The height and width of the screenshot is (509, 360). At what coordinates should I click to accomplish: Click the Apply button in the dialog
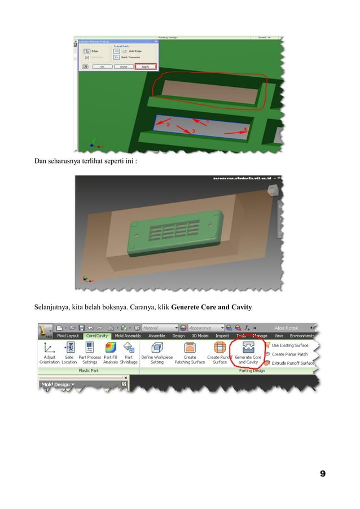click(x=145, y=67)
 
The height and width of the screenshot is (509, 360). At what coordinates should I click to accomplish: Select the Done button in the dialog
click(x=123, y=67)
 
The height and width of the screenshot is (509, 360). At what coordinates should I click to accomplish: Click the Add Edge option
click(x=127, y=50)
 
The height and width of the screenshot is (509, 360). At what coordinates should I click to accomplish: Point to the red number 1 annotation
click(x=207, y=121)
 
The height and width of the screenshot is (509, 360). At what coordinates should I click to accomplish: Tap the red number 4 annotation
click(x=245, y=129)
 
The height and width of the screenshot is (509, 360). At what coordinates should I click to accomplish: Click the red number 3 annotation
click(x=194, y=131)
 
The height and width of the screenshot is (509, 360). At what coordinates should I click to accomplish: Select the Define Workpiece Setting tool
click(x=157, y=352)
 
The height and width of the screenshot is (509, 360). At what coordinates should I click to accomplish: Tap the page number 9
click(x=322, y=473)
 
